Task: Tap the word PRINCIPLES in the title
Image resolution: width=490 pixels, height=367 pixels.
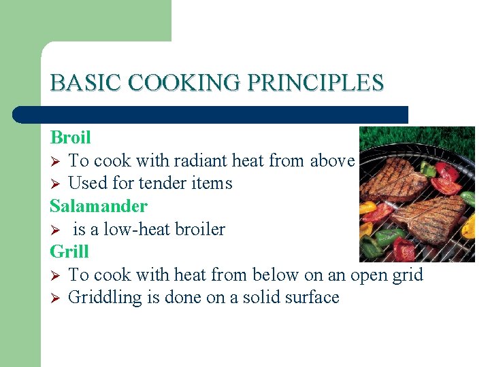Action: tap(316, 83)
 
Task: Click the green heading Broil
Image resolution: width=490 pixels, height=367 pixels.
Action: tap(70, 137)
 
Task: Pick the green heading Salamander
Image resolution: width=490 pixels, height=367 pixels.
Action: tap(99, 206)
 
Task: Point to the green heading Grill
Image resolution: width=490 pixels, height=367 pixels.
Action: tap(69, 251)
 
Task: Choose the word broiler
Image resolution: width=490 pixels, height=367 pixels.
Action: tap(199, 229)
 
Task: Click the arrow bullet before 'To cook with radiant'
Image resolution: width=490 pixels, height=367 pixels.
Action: tap(56, 161)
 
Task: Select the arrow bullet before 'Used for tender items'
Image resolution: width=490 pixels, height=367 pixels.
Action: tap(56, 184)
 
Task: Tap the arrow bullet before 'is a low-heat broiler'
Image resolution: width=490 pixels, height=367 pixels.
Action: tap(56, 230)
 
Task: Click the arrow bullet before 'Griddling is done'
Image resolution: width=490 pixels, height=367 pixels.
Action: tap(56, 298)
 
